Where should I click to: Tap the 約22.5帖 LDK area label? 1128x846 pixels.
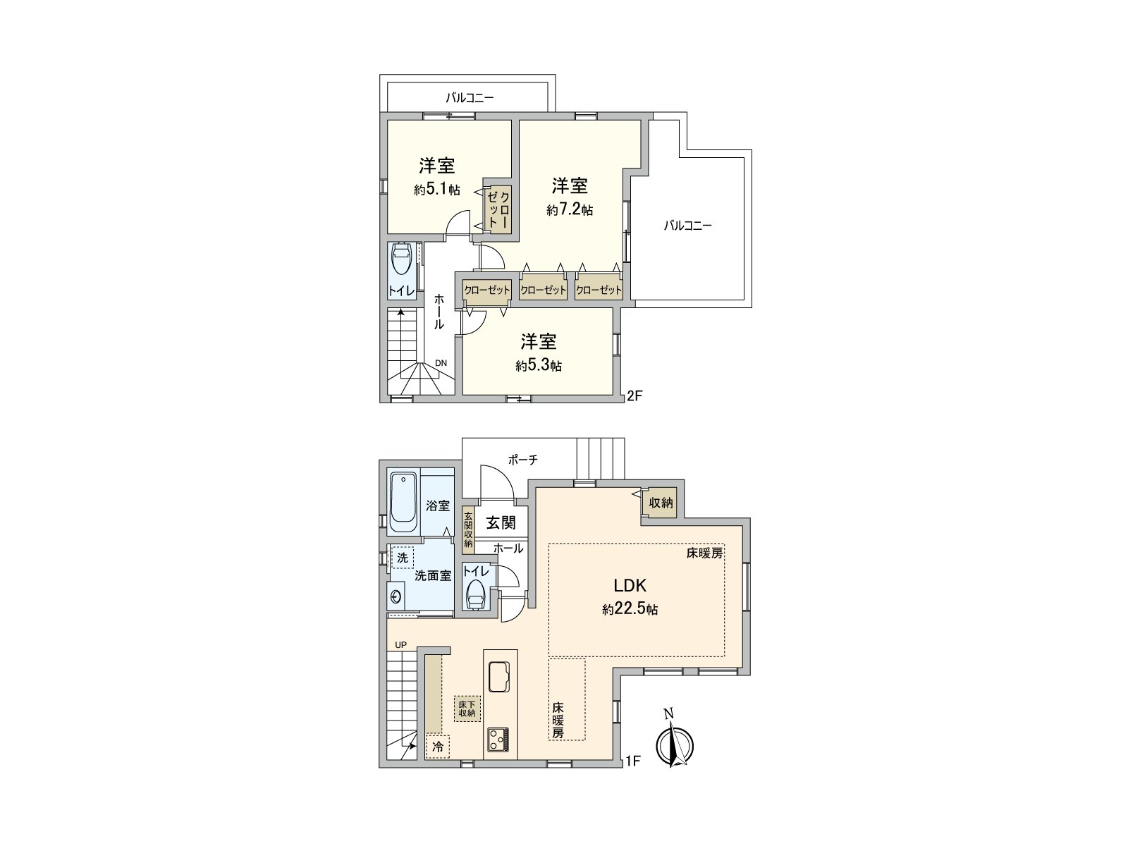coord(630,610)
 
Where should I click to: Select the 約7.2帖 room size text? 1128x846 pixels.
coord(570,210)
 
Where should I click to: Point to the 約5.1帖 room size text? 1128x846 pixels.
coord(437,190)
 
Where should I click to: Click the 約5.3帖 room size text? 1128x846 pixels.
coord(539,366)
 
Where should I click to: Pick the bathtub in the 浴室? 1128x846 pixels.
coord(403,503)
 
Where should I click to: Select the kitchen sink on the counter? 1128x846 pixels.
coord(498,677)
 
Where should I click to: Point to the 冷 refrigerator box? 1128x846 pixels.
coord(438,747)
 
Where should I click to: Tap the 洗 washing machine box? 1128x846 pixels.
coord(403,558)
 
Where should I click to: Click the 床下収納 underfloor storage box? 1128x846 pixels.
coord(467,709)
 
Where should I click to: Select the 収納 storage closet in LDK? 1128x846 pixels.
coord(660,503)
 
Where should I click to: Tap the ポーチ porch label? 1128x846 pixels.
coord(522,460)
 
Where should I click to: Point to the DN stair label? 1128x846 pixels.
coord(441,363)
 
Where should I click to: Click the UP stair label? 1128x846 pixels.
coord(401,644)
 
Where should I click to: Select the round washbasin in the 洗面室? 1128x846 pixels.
coord(396,596)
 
